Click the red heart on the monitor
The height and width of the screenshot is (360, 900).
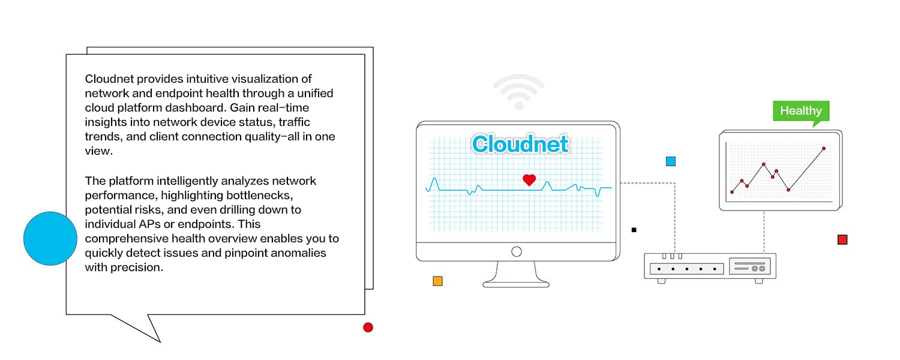pos(529,179)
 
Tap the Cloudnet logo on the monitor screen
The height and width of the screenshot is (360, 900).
pos(520,144)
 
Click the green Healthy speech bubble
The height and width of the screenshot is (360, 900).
pos(801,111)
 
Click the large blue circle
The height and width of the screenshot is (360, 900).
pos(50,239)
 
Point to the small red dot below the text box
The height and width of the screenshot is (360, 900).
pos(368,327)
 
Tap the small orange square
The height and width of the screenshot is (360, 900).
pos(437,281)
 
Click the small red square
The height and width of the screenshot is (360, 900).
pos(842,240)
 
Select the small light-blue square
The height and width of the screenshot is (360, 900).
pos(671,161)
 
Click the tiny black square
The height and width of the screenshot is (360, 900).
pos(634,230)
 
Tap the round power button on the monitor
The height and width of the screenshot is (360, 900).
pos(517,252)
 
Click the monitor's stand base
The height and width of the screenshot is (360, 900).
pos(516,283)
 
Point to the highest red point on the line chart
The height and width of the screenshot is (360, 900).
pos(824,148)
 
